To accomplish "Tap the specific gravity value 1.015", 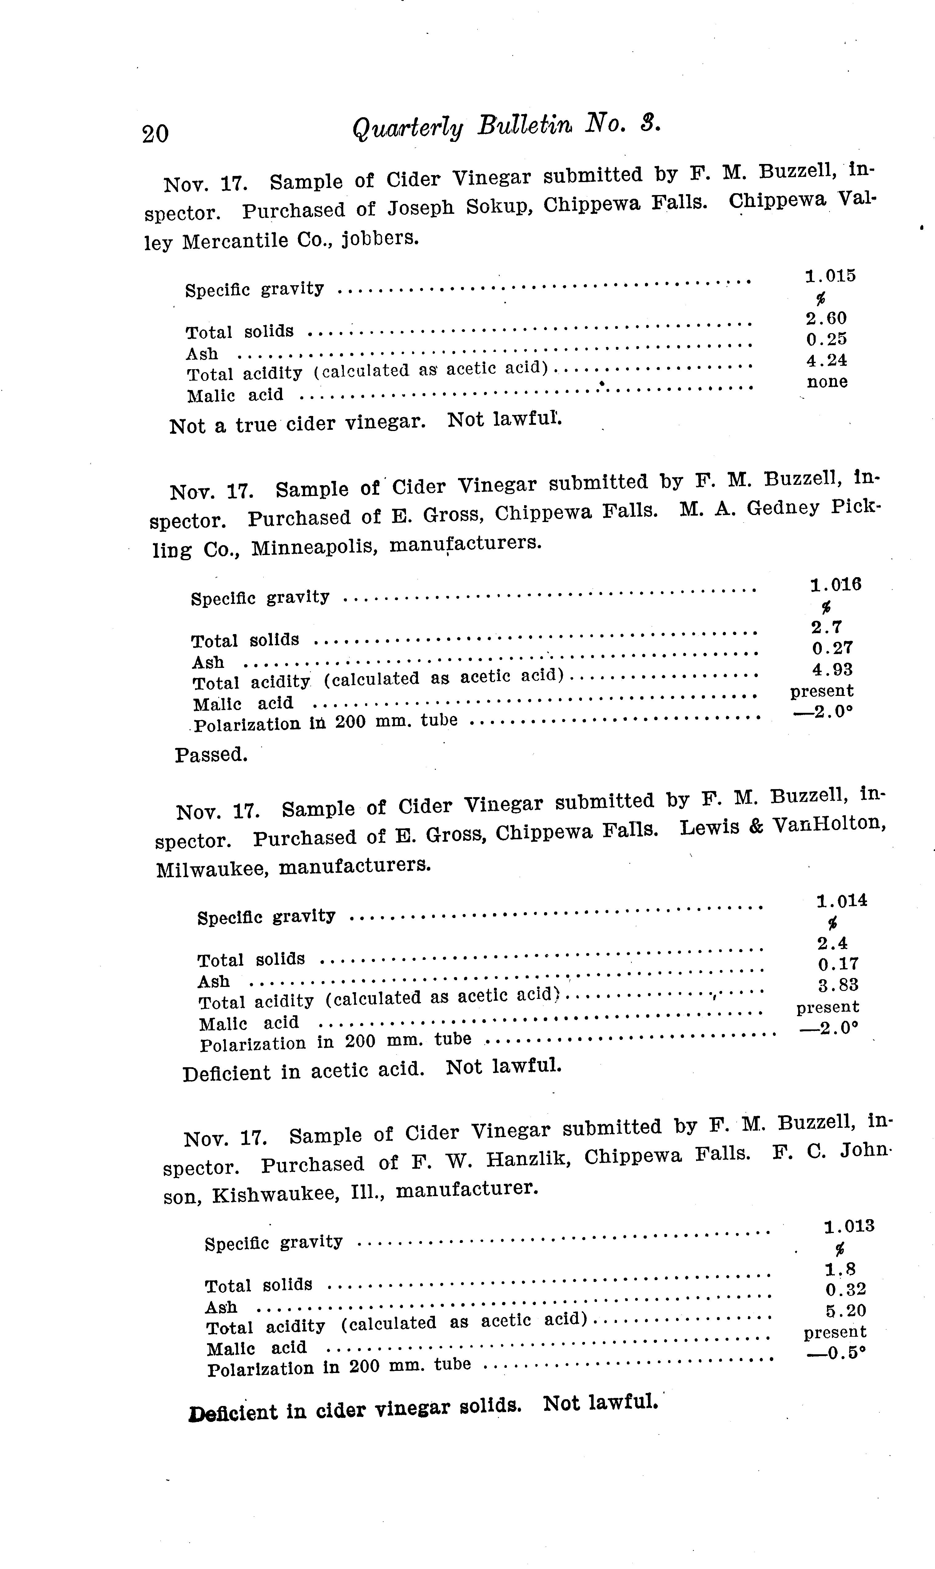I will point(830,276).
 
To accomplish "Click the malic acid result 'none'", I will point(827,382).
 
